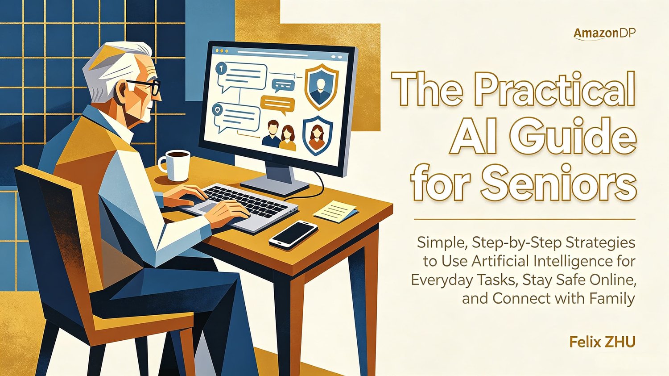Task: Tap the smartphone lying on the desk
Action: (293, 234)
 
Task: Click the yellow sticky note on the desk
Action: (335, 211)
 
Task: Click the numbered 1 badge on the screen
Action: (221, 69)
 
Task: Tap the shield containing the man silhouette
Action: (322, 87)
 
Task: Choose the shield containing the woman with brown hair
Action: (318, 136)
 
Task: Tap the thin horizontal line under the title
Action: (524, 219)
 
